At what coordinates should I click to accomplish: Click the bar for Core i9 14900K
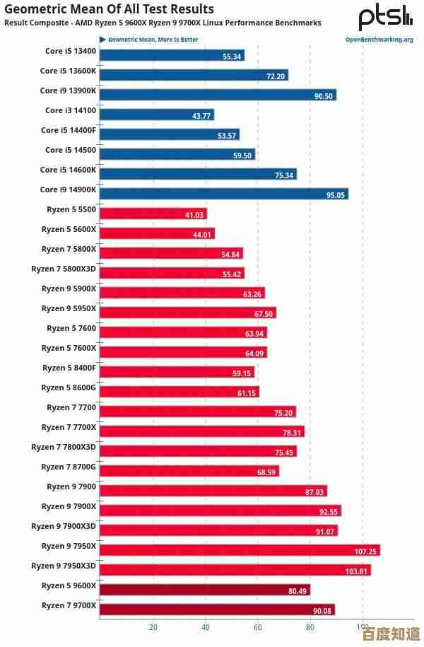[224, 194]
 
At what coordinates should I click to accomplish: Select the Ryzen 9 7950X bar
[240, 550]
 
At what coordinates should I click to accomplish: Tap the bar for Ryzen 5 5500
[153, 214]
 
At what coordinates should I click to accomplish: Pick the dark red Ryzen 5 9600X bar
[205, 590]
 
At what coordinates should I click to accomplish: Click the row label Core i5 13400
[71, 51]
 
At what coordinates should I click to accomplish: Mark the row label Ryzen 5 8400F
[69, 368]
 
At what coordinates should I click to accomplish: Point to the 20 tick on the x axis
[153, 626]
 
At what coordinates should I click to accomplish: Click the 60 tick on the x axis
[258, 626]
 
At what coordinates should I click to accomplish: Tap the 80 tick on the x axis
[310, 626]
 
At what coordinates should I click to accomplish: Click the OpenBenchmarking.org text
[379, 40]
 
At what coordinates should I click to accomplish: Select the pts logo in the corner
[385, 17]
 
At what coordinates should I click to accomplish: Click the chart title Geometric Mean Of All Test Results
[110, 9]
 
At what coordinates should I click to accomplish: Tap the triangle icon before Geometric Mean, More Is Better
[102, 40]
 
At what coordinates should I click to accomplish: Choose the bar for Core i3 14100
[157, 115]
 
